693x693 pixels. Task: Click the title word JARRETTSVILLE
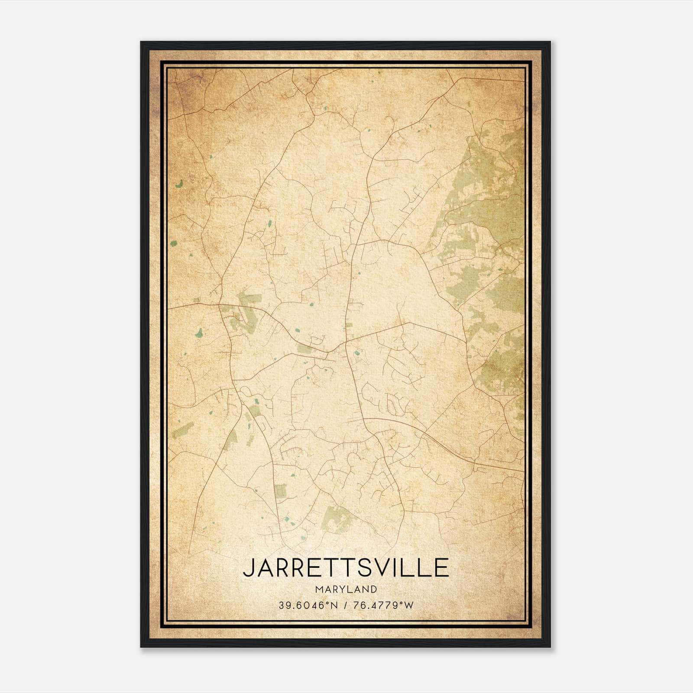click(346, 568)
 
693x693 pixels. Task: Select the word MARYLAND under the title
click(346, 589)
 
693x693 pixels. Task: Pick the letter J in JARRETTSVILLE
click(248, 568)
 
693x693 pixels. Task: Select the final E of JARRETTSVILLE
click(441, 568)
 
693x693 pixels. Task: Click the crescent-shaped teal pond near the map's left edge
click(179, 184)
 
